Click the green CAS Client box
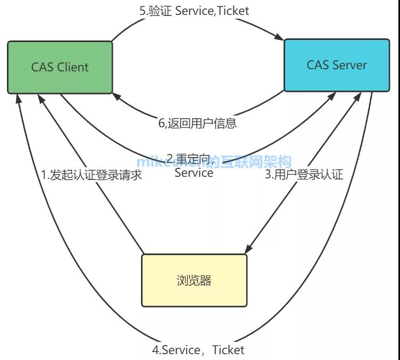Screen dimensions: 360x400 click(x=60, y=67)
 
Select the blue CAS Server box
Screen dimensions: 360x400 click(x=336, y=65)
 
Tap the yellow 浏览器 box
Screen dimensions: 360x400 click(x=194, y=280)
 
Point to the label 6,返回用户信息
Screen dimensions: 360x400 click(x=197, y=124)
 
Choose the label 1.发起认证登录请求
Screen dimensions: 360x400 click(x=92, y=175)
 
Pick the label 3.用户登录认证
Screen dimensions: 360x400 click(x=304, y=175)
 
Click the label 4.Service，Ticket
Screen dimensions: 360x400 click(x=198, y=350)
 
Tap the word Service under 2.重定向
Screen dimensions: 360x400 click(x=194, y=172)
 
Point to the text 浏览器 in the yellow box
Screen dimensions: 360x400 click(x=194, y=280)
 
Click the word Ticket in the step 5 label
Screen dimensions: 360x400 click(x=233, y=10)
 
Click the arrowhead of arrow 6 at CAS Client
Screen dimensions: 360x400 click(x=115, y=95)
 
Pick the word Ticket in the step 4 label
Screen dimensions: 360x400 click(x=228, y=350)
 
